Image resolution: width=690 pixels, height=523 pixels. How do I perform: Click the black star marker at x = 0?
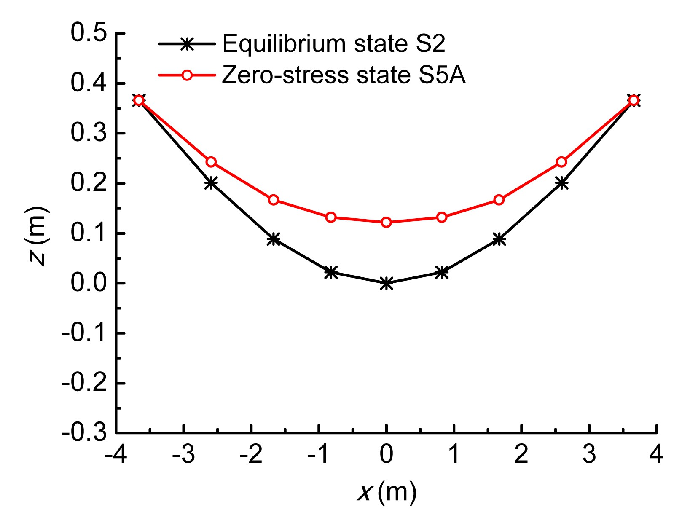point(387,284)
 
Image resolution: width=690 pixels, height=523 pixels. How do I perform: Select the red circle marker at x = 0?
point(387,222)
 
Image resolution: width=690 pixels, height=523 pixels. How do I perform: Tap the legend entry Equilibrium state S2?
point(333,44)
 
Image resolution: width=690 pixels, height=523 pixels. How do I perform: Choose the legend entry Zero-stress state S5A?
point(344,75)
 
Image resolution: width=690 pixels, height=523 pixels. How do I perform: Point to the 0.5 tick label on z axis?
point(89,33)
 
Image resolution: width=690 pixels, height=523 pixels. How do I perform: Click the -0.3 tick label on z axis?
point(84,433)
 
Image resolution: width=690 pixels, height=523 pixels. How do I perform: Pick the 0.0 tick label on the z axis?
point(89,283)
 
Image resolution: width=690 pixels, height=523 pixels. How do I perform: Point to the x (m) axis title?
point(387,492)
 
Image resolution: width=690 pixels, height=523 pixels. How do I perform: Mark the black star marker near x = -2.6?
point(211,183)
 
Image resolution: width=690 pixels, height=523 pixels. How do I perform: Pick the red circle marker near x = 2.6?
point(561,162)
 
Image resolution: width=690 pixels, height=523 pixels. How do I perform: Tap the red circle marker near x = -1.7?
point(274,200)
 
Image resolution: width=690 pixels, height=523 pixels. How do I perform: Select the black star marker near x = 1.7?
point(499,239)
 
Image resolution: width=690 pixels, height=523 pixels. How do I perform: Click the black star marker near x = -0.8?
point(331,272)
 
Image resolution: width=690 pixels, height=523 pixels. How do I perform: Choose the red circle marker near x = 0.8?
point(442,217)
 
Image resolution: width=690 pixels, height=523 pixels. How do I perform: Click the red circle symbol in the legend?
point(187,75)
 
